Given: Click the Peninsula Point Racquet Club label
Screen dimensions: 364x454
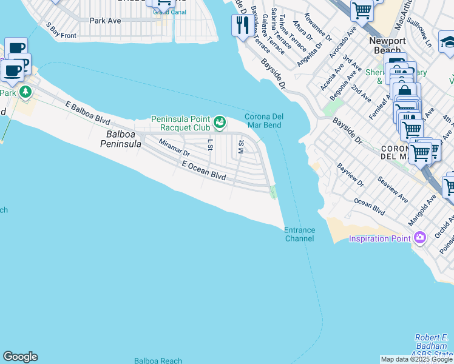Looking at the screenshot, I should pos(180,123).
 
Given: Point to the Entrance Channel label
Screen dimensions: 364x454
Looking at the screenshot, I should pos(299,234).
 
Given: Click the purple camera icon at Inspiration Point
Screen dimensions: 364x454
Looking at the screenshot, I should pos(419,238).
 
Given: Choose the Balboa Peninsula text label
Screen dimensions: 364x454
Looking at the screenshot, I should pos(124,139).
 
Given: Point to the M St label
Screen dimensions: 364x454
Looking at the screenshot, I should pos(241,146).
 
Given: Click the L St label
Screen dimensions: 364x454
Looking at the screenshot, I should pos(211,144).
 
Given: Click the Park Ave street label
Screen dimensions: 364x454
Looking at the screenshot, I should pos(105,21).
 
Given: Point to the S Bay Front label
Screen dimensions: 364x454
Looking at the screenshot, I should pos(61,32).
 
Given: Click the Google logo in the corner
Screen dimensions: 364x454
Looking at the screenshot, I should pos(20,357).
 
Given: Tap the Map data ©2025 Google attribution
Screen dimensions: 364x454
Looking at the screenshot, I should pos(416,359).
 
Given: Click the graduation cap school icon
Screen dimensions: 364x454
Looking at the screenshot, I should pos(447,41).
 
